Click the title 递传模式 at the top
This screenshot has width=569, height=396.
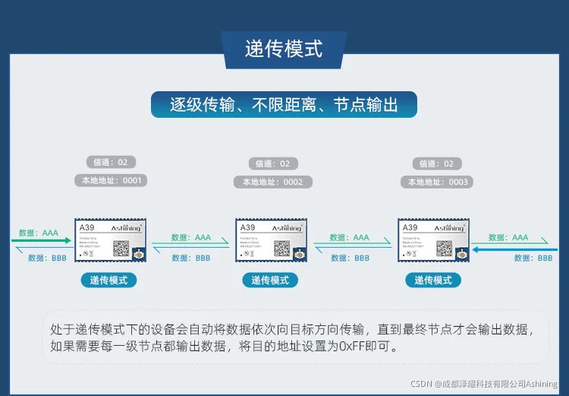[284, 49]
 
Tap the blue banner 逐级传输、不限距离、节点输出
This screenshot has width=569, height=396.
[284, 104]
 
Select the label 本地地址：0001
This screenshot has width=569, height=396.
[111, 181]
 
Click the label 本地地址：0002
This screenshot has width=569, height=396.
[273, 182]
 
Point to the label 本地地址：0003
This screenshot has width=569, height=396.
[438, 182]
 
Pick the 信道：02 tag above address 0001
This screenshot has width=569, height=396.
[111, 162]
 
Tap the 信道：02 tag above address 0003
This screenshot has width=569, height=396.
[438, 163]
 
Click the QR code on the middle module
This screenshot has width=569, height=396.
[282, 248]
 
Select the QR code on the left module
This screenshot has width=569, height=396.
[121, 248]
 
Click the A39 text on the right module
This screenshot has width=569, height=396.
[410, 227]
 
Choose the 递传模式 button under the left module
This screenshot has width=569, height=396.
[109, 280]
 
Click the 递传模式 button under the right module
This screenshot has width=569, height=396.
[433, 280]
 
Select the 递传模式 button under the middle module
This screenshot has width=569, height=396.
[270, 280]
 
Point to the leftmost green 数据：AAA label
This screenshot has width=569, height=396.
[39, 233]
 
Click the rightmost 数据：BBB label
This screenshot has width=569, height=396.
[533, 258]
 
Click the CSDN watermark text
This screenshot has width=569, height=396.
[485, 384]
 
